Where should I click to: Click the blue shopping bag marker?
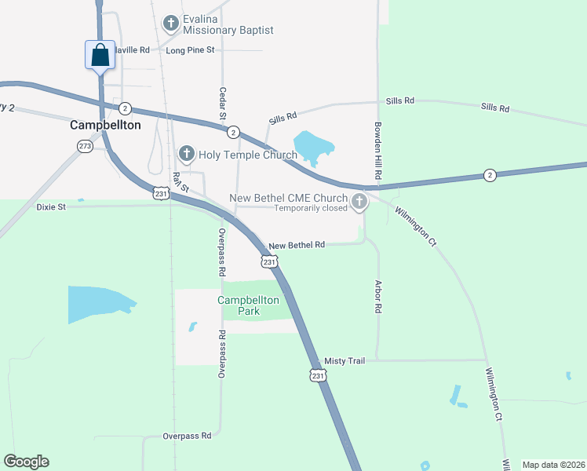tap(100, 56)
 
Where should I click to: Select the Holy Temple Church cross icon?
tap(187, 154)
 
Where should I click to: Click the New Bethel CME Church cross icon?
tap(359, 203)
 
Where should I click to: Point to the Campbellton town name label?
tap(105, 125)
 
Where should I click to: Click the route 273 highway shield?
tap(85, 146)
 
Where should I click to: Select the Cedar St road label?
tap(223, 104)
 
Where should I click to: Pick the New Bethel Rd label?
tap(297, 245)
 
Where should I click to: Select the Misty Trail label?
tap(345, 360)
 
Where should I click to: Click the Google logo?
tap(26, 462)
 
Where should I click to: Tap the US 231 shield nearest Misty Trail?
tap(317, 376)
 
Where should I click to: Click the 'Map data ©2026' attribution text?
tap(553, 465)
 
